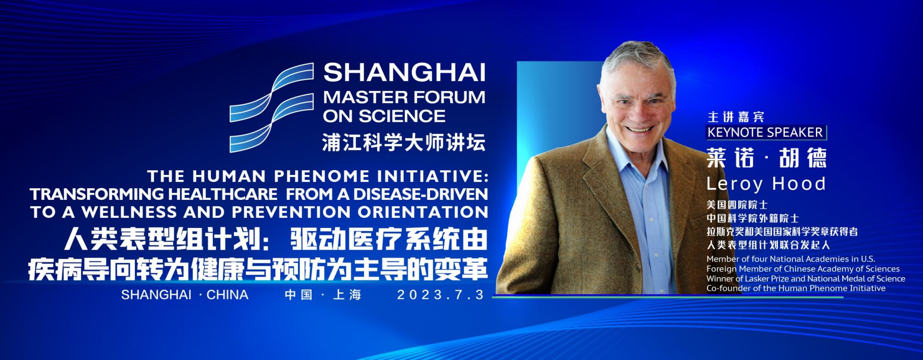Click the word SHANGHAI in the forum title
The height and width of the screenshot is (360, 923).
pyautogui.click(x=404, y=73)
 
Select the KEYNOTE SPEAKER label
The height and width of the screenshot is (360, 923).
pyautogui.click(x=765, y=132)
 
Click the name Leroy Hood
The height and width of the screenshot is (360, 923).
pyautogui.click(x=766, y=184)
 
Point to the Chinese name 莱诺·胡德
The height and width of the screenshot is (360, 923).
pyautogui.click(x=767, y=158)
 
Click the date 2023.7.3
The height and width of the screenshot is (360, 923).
pyautogui.click(x=441, y=294)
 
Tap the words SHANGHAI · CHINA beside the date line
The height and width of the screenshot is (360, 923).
pyautogui.click(x=185, y=294)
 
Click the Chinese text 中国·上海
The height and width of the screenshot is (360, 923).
pyautogui.click(x=323, y=294)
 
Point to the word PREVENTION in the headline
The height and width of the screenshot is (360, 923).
pyautogui.click(x=291, y=212)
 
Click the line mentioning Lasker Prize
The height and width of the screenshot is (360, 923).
pyautogui.click(x=806, y=278)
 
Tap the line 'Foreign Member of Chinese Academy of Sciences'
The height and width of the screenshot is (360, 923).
pyautogui.click(x=803, y=269)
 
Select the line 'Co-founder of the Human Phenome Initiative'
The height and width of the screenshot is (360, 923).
pyautogui.click(x=796, y=288)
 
